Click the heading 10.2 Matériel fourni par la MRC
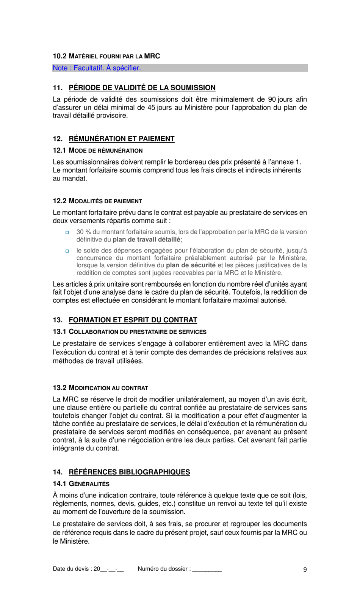coord(106,56)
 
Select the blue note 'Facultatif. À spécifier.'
coord(97,68)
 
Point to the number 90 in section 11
coord(272,99)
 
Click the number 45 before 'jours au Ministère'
coord(151,108)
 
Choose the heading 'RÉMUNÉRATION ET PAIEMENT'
coord(121,139)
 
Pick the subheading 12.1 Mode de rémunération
coord(97,151)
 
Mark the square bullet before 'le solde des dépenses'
coord(67,251)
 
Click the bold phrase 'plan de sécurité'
coord(191,265)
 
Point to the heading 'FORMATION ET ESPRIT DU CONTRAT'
coord(133,320)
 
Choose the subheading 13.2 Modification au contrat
coord(100,388)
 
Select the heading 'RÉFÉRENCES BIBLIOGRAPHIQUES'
coord(129,472)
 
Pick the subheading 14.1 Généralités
coord(81,484)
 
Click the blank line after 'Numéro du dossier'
coord(207,569)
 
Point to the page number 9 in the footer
coord(305,569)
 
